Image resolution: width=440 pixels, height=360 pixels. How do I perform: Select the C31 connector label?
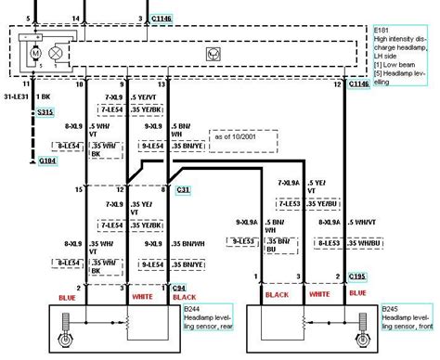(184, 189)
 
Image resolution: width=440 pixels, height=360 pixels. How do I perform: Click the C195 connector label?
(357, 276)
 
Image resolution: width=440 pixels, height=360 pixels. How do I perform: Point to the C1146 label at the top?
(163, 18)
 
